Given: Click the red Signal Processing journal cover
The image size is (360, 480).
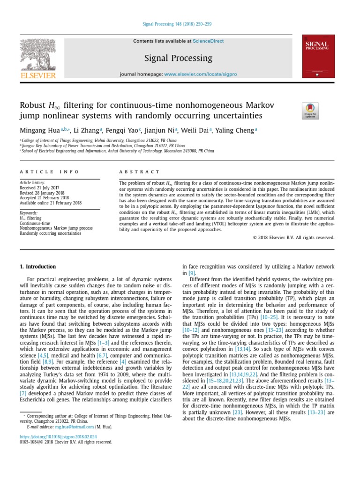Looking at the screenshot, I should point(319,56).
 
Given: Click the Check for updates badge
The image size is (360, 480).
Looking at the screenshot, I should point(310,111).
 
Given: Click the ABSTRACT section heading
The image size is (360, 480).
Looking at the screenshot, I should point(140,172).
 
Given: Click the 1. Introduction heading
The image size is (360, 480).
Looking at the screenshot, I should point(37,267).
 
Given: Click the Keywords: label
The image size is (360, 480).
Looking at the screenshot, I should point(29,213).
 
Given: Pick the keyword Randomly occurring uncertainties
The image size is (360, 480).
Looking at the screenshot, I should point(50,233).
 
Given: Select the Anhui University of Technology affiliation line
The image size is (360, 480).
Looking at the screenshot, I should point(117,151).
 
